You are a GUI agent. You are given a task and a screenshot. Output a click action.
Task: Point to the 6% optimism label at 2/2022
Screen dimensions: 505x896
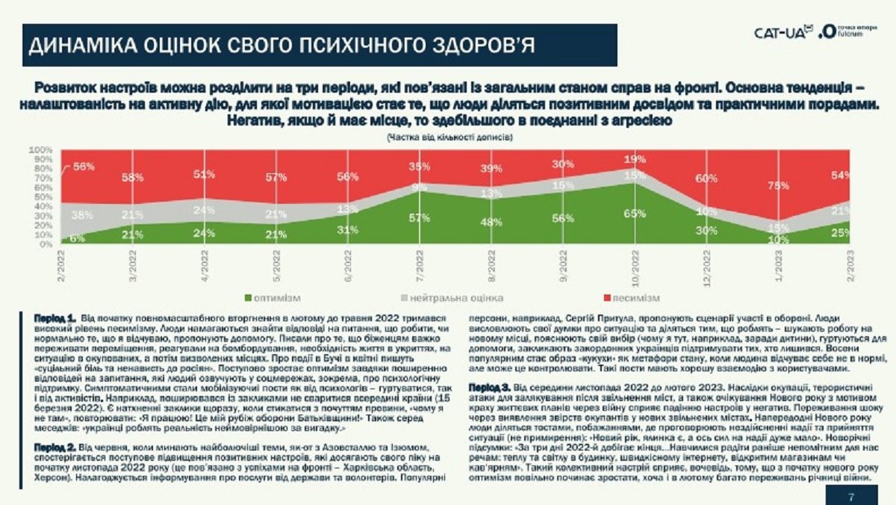click(77, 238)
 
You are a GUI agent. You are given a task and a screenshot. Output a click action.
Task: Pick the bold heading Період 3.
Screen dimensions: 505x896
click(489, 388)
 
